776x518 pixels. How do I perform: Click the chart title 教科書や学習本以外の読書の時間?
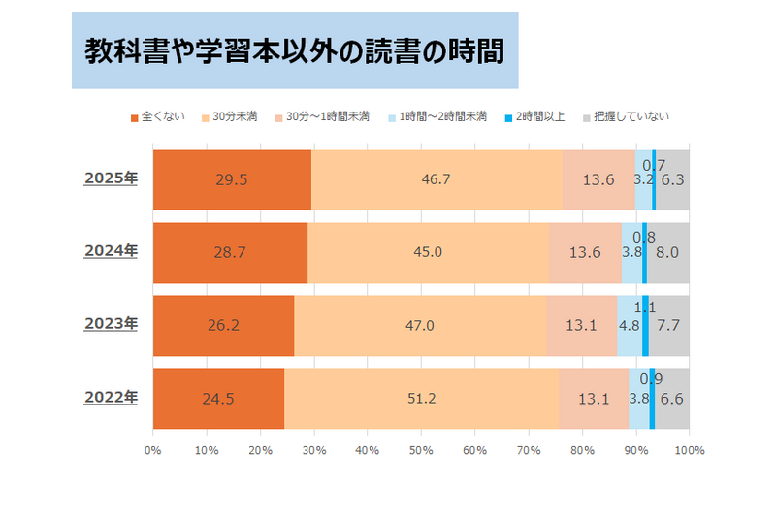pyautogui.click(x=293, y=49)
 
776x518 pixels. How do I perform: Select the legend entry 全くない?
pyautogui.click(x=154, y=116)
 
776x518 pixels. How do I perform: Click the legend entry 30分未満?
pyautogui.click(x=234, y=116)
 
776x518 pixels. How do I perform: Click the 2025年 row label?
pyautogui.click(x=111, y=178)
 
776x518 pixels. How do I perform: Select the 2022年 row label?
pyautogui.click(x=111, y=397)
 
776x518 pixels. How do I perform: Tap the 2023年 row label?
pyautogui.click(x=111, y=324)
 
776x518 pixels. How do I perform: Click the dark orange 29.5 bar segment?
pyautogui.click(x=232, y=179)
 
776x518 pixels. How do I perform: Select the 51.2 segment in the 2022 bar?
pyautogui.click(x=421, y=398)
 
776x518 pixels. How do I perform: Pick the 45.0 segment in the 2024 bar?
pyautogui.click(x=428, y=252)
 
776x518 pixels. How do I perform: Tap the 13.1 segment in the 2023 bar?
pyautogui.click(x=581, y=325)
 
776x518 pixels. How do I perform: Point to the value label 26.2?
pyautogui.click(x=223, y=326)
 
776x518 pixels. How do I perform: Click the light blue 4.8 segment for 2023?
pyautogui.click(x=629, y=325)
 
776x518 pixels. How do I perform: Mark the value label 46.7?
pyautogui.click(x=436, y=180)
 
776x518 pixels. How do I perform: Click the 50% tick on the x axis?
pyautogui.click(x=421, y=450)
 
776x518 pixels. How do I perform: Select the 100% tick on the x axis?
pyautogui.click(x=689, y=450)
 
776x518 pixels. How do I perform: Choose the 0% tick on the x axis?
pyautogui.click(x=152, y=450)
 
